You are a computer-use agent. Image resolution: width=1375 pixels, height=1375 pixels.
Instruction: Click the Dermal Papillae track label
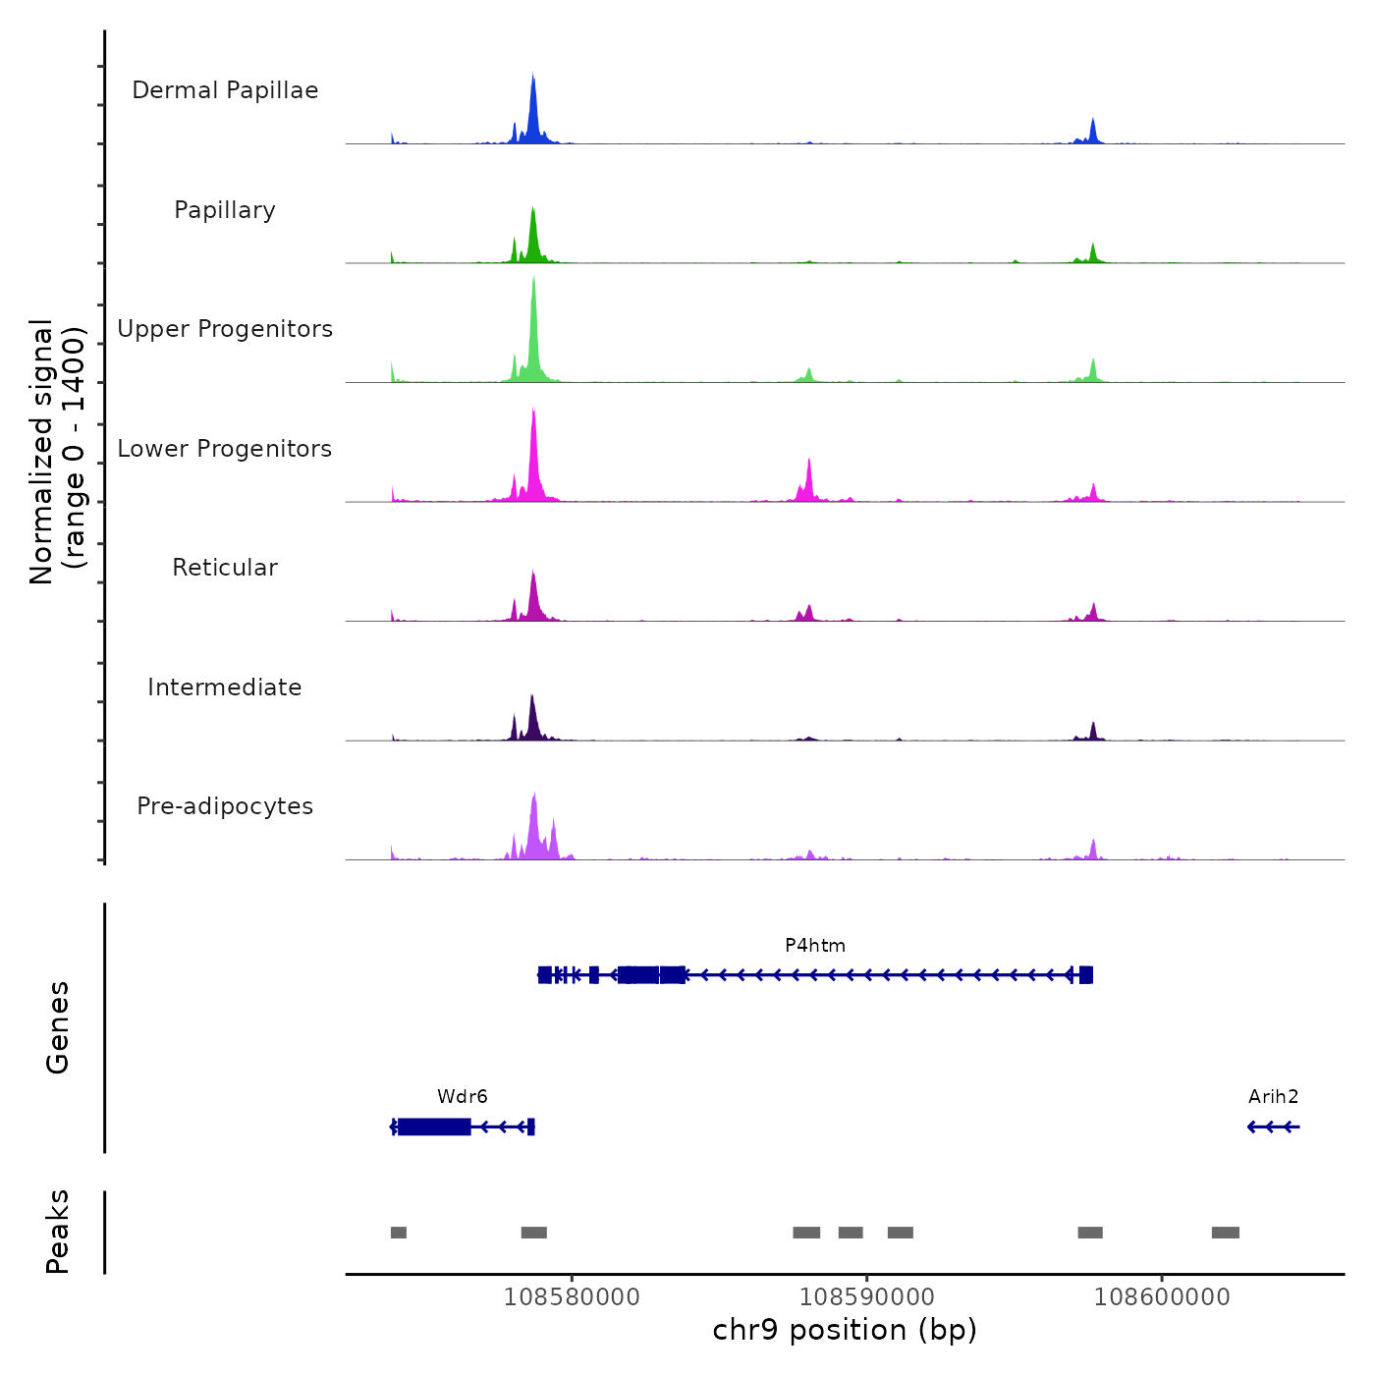coord(225,90)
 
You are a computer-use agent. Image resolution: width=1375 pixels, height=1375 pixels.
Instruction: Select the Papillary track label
coord(225,210)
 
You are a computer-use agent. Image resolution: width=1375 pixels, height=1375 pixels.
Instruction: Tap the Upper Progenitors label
coord(225,329)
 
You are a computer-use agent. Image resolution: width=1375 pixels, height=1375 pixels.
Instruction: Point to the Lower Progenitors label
coord(225,449)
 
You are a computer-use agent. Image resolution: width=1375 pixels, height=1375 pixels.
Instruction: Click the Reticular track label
coord(225,568)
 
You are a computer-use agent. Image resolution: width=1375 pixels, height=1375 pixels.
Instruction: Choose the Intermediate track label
coord(225,687)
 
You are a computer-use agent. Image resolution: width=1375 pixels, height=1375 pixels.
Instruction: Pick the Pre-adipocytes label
coord(225,806)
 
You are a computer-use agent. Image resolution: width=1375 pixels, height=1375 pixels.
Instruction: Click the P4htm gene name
coord(815,946)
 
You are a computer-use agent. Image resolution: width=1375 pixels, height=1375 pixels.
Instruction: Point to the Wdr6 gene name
coord(463,1097)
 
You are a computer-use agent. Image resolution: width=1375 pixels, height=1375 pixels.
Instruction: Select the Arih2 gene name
coord(1274,1097)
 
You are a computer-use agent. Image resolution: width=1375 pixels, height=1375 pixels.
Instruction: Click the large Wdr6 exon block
coord(433,1127)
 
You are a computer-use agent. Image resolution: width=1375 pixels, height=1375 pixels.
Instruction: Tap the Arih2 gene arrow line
coord(1274,1127)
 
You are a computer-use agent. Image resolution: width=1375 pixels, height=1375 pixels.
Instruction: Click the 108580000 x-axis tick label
coord(572,1297)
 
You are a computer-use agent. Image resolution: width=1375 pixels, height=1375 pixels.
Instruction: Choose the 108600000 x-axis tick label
coord(1162,1297)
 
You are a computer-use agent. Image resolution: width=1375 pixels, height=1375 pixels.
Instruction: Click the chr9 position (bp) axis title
coord(845,1331)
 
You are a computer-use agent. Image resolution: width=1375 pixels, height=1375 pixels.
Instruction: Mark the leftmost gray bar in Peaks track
coord(399,1233)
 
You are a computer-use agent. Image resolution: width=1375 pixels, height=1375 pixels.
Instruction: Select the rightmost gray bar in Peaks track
coord(1225,1233)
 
